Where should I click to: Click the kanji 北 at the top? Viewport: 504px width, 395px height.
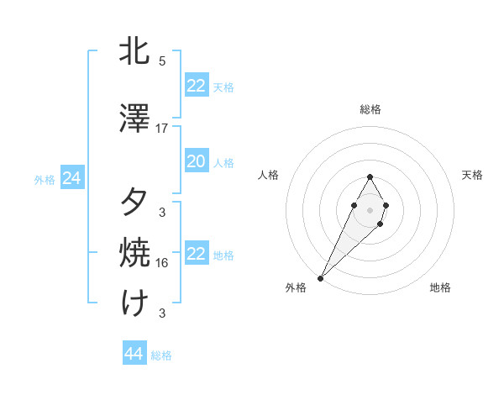click(x=135, y=51)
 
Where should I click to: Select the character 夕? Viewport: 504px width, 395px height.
click(x=135, y=203)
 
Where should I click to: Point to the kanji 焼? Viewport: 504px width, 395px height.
click(x=135, y=251)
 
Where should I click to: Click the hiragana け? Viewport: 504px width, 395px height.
click(x=135, y=302)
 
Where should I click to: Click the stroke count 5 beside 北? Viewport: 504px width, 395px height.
click(x=162, y=61)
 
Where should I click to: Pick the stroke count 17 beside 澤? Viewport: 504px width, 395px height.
click(x=162, y=128)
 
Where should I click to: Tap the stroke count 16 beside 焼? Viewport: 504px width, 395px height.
click(x=162, y=262)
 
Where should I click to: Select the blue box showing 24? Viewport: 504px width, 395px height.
click(x=72, y=178)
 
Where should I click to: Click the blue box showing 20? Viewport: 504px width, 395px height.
click(x=196, y=161)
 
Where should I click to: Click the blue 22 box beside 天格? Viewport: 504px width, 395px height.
click(x=196, y=86)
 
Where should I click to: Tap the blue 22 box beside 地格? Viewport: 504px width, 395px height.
click(x=196, y=254)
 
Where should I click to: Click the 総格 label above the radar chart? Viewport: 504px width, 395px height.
click(x=370, y=109)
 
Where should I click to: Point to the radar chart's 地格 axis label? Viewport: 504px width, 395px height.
click(x=440, y=287)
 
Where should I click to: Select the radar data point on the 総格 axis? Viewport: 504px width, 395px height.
click(x=370, y=176)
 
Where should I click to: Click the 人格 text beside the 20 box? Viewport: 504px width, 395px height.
click(x=223, y=162)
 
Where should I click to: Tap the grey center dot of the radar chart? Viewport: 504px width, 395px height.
click(x=370, y=209)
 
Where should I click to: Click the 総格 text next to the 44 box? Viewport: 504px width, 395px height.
click(x=161, y=355)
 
